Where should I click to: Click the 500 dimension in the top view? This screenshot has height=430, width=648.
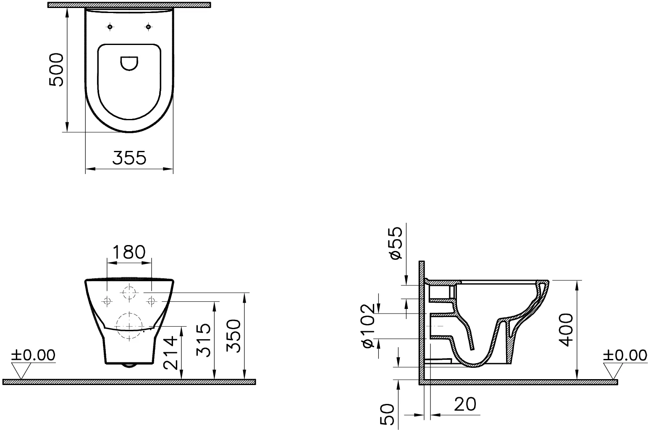56,69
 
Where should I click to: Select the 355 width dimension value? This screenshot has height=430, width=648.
129,158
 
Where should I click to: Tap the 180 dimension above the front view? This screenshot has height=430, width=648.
129,252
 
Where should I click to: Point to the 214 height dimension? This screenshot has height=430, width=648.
170,352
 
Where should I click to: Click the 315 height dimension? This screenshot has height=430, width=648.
204,340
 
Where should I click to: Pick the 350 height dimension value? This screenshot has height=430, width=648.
233,336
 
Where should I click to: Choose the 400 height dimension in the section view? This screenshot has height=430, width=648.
566,330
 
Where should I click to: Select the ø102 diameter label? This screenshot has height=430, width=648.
368,325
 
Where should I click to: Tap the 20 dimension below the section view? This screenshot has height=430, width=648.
465,404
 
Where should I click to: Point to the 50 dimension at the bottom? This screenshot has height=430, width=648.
388,414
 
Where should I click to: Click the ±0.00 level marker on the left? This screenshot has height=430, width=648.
33,355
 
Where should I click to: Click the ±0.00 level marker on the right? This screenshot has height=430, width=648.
625,355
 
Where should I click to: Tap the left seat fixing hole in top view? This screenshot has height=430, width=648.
110,27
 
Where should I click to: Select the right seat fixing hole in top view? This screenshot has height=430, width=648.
148,27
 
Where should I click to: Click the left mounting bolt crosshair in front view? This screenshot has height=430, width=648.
107,301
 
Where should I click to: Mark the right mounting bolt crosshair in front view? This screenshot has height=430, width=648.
151,301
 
